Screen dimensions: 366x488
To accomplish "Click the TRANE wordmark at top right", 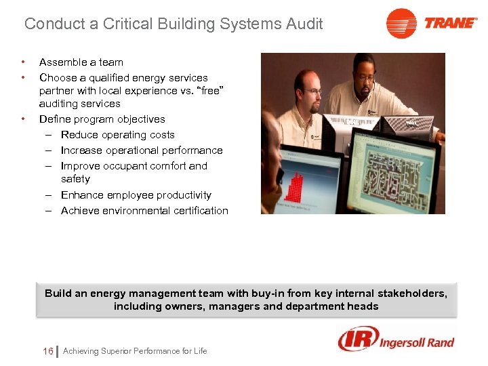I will tap(451, 23).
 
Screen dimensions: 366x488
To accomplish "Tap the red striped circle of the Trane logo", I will tap(401, 24).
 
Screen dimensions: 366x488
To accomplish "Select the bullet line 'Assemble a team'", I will tap(81, 62).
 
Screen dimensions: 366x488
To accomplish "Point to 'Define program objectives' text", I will tap(102, 119).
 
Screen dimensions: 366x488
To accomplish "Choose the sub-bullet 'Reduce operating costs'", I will tap(117, 135).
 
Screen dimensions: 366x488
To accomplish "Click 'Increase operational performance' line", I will tap(142, 150).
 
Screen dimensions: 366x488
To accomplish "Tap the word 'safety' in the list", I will tap(75, 179).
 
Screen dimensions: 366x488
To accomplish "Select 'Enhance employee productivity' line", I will tap(136, 195).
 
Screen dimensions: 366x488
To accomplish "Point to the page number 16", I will tap(47, 351).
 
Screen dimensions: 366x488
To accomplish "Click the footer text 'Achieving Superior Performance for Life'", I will tap(135, 351).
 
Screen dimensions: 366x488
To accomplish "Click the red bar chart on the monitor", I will tap(296, 185).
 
